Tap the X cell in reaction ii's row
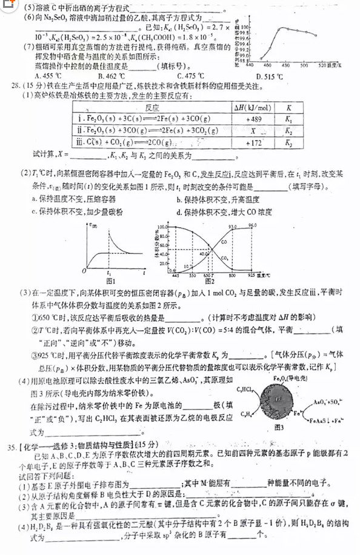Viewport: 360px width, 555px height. (x=246, y=130)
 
